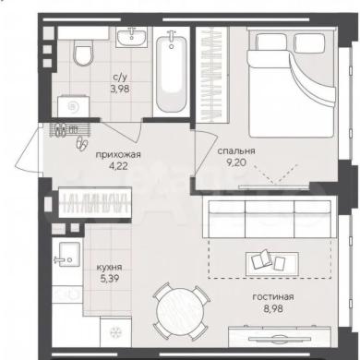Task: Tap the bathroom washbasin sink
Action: pos(132,37)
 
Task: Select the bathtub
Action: pos(171,72)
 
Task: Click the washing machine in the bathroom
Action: pos(74,106)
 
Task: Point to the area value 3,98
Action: pos(120,89)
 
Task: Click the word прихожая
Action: pos(118,154)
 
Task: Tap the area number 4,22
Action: pos(118,166)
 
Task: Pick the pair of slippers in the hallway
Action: pos(82,143)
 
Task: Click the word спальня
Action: pos(236,151)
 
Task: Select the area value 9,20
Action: pos(236,162)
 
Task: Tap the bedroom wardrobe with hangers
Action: pos(212,74)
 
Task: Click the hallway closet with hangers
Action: pos(95,203)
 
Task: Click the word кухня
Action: pos(109,267)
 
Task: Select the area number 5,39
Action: pos(109,279)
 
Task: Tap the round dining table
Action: pos(180,311)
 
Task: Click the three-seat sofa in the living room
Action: pos(270,219)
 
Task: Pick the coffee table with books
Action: pos(272,263)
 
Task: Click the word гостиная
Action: pos(273,297)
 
